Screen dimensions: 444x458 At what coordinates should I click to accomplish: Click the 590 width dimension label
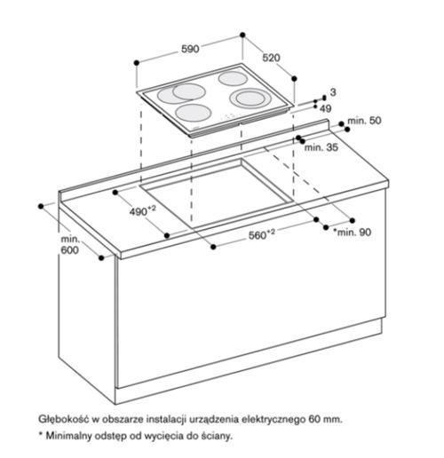click(x=190, y=49)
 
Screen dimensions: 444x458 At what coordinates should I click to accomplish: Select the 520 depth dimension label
click(x=271, y=58)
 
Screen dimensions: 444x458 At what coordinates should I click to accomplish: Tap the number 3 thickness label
click(x=333, y=92)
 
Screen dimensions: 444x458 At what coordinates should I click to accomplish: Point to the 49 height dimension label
click(x=326, y=108)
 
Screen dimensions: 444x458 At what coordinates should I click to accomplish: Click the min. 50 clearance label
click(x=364, y=121)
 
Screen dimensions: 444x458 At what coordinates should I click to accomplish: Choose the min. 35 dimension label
click(x=321, y=147)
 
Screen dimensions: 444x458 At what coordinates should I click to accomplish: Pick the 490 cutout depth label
click(x=142, y=210)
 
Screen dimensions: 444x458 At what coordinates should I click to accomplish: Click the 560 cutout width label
click(x=261, y=234)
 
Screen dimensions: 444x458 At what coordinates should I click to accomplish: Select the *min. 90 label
click(x=352, y=232)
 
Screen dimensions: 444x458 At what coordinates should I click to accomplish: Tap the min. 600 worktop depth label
click(x=70, y=245)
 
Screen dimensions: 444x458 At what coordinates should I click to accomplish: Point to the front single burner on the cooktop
click(x=193, y=113)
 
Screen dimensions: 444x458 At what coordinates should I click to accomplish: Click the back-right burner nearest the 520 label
click(x=233, y=79)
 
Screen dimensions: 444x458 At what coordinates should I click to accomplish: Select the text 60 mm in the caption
click(x=325, y=419)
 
